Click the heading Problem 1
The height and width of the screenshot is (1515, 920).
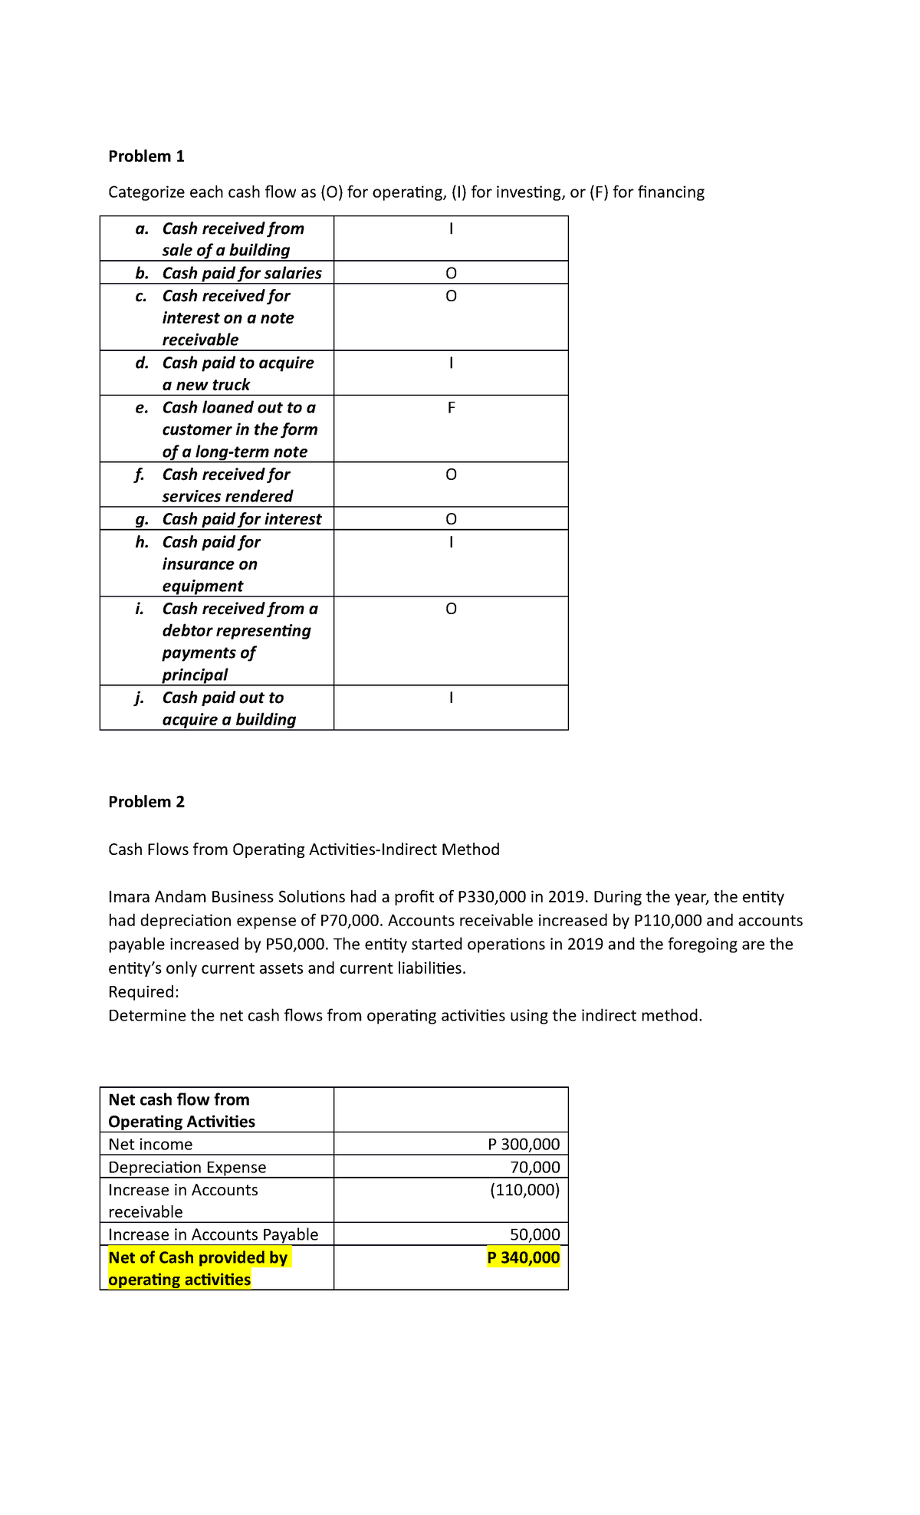click(x=146, y=156)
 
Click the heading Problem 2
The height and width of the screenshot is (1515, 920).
click(x=146, y=802)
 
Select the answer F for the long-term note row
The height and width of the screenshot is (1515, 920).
click(x=451, y=408)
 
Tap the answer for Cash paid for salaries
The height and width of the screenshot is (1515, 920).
click(x=451, y=274)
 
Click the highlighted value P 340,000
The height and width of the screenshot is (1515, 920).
click(x=524, y=1257)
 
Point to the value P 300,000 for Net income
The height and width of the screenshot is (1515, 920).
click(x=524, y=1145)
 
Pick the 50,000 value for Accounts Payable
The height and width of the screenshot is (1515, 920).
click(x=535, y=1234)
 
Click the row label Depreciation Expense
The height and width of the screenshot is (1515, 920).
click(x=187, y=1168)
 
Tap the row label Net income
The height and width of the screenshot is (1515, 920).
click(x=150, y=1145)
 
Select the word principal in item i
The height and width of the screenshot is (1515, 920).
click(x=195, y=675)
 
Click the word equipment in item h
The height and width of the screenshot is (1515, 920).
click(x=202, y=587)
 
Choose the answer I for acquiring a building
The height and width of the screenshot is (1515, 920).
click(x=451, y=698)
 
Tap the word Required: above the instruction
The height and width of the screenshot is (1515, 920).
click(x=143, y=992)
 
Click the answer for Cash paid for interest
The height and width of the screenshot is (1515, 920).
click(x=451, y=520)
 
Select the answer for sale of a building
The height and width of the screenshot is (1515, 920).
click(x=451, y=228)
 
